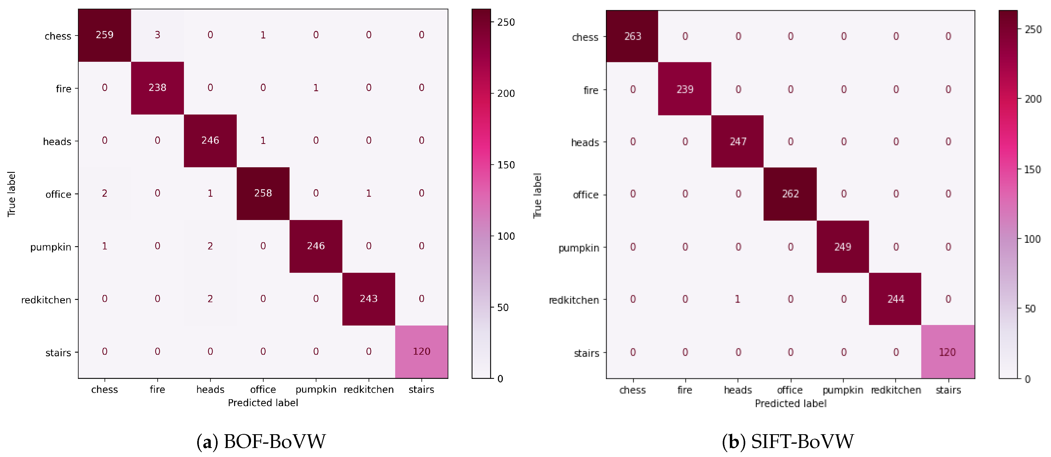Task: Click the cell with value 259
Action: pos(105,35)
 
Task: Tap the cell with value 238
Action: pos(157,88)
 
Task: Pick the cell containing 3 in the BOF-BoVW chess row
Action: pos(157,35)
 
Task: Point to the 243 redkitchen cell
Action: pos(368,299)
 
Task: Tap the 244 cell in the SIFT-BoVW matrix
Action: pos(895,299)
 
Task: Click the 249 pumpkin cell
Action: pos(842,247)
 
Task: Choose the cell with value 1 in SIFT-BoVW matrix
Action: pos(737,299)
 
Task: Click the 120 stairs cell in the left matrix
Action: pos(421,351)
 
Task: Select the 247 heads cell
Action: pos(737,142)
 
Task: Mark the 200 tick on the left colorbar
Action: pos(506,93)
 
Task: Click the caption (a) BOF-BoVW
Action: pos(261,442)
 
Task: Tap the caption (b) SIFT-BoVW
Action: pos(787,442)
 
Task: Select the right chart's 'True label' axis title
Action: pos(537,195)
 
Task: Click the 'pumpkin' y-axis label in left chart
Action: pos(51,247)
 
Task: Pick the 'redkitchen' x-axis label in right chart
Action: pos(895,390)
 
